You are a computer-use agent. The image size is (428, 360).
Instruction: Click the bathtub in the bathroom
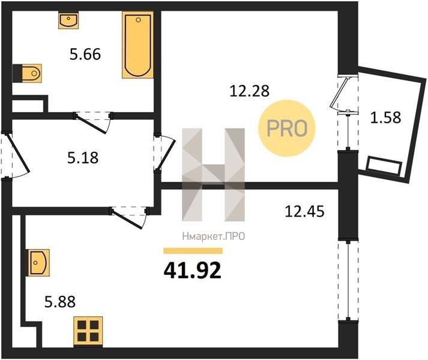pos(137,45)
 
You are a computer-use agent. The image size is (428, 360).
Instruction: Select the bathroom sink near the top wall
pos(68,20)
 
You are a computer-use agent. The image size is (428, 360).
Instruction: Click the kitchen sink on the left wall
pos(38,262)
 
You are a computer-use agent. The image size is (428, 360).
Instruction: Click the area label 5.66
pos(85,54)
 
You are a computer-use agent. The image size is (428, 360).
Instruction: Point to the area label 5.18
pos(83,158)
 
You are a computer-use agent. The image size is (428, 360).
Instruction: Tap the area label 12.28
pos(250,91)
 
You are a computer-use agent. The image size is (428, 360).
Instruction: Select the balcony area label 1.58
pos(385,118)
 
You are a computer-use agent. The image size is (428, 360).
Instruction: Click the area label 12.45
pos(304,212)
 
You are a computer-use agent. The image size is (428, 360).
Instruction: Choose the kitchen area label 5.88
pos(60,302)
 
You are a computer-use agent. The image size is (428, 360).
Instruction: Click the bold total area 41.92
pos(193,271)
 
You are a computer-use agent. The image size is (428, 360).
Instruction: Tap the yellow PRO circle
pos(287,128)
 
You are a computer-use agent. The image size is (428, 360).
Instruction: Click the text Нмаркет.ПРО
pos(214,236)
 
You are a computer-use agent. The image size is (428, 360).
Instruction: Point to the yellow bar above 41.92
pos(193,251)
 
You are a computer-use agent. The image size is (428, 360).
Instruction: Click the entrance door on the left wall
pos(16,155)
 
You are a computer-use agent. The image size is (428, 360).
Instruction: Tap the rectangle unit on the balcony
pos(384,165)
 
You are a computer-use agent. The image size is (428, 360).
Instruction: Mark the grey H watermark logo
pos(214,175)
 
